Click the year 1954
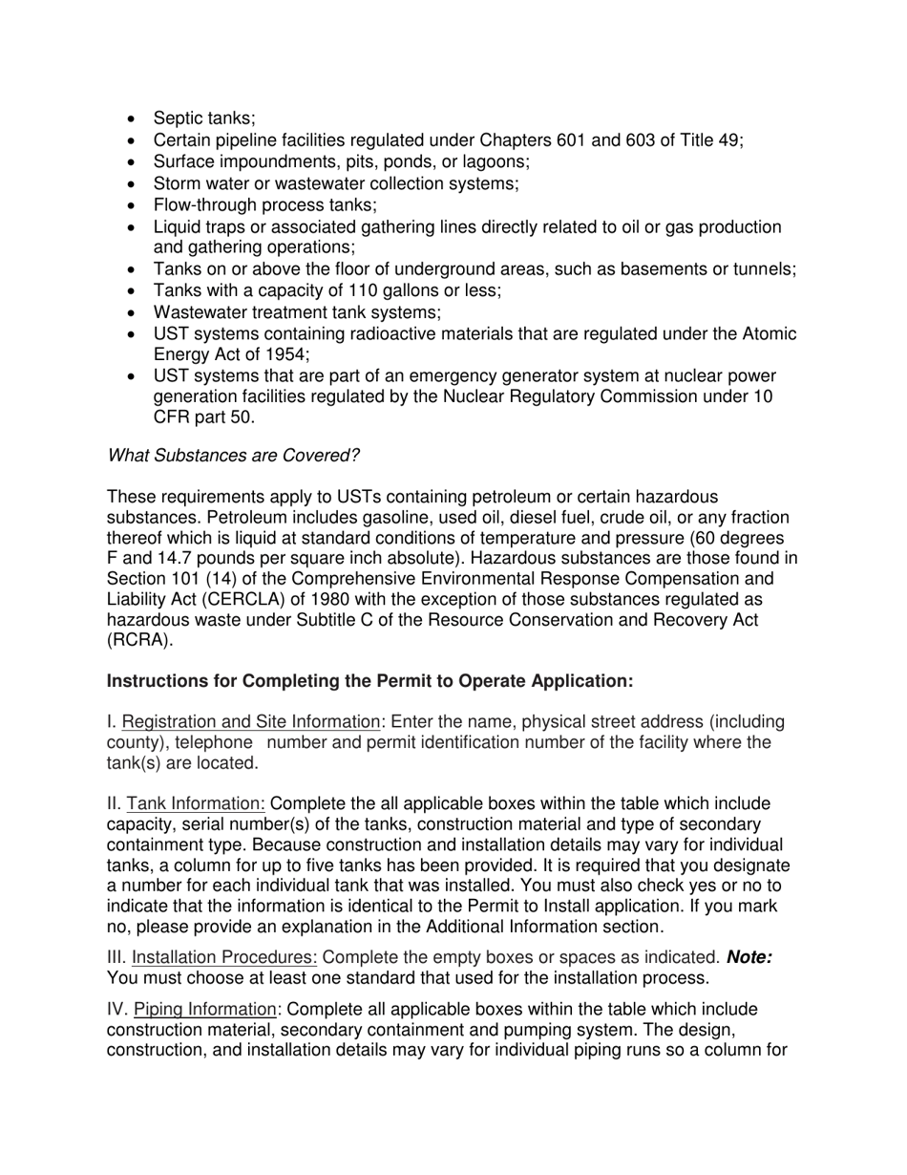coord(261,355)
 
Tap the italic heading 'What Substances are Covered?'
coord(233,456)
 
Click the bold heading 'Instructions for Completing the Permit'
coord(369,681)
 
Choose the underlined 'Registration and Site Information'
coord(250,722)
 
